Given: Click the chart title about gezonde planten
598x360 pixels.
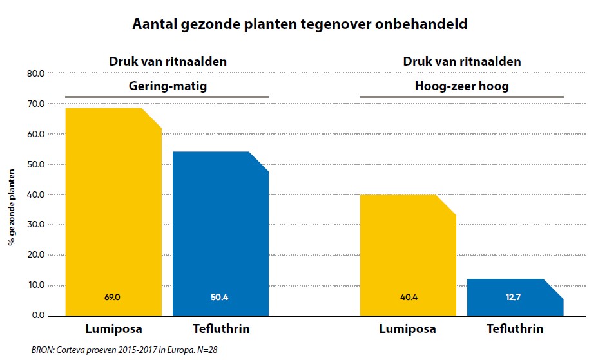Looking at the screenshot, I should [x=299, y=24].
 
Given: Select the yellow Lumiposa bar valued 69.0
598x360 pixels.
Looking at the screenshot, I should [x=113, y=206].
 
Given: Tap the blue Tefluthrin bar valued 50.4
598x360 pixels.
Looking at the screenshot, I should [x=221, y=232].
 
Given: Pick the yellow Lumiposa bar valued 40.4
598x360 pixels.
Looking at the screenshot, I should [x=407, y=251].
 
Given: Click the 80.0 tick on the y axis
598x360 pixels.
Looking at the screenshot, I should [x=36, y=74].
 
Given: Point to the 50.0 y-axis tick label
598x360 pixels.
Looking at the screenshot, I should [x=36, y=164].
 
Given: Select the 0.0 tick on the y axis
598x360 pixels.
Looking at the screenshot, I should [x=39, y=316].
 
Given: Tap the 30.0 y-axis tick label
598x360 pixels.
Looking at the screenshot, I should [x=36, y=225].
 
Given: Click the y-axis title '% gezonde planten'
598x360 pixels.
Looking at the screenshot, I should [x=12, y=209].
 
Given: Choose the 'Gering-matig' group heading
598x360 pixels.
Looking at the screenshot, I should [x=167, y=86].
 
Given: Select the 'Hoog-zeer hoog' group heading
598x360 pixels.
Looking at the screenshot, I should [x=461, y=86].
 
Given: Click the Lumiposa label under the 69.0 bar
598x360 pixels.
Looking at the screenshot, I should [x=113, y=329].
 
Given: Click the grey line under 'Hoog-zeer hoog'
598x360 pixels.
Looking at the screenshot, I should [x=461, y=97].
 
